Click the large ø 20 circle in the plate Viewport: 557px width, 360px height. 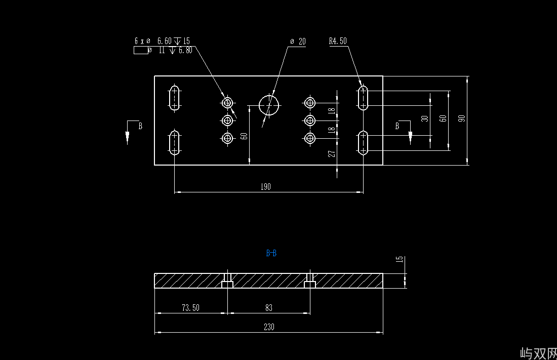click(x=269, y=104)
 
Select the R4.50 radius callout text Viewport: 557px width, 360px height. click(x=338, y=41)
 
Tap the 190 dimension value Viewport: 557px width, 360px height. click(x=266, y=187)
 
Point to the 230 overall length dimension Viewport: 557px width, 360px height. click(x=269, y=327)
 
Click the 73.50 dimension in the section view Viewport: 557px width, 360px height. click(x=190, y=308)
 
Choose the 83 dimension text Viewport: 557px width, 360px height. click(x=269, y=308)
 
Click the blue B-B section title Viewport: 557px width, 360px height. click(x=271, y=253)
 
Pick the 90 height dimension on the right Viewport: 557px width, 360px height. click(x=461, y=118)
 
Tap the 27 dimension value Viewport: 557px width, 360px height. click(x=332, y=153)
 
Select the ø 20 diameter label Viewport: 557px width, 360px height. click(x=298, y=42)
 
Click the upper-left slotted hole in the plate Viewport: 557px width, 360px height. click(x=175, y=98)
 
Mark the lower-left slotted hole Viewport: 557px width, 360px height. click(x=175, y=142)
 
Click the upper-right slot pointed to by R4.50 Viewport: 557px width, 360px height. click(x=363, y=98)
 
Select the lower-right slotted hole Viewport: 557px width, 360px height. click(x=363, y=142)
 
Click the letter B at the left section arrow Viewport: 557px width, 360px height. click(x=140, y=126)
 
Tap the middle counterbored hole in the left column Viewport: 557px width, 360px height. click(x=228, y=121)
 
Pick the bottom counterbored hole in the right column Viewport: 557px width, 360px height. click(x=310, y=138)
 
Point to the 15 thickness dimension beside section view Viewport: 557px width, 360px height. click(x=400, y=260)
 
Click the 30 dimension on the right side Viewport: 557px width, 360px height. click(x=425, y=118)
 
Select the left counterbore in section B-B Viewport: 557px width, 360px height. click(x=228, y=283)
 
